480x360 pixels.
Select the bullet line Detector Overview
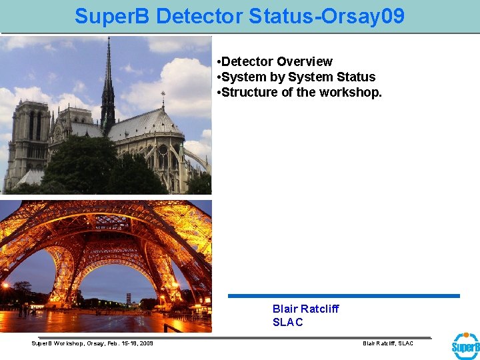(277, 61)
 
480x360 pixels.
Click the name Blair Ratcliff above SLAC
(305, 309)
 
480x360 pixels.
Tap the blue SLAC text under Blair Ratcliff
(287, 322)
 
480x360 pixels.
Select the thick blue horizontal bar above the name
(343, 296)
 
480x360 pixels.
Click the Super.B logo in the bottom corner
(465, 346)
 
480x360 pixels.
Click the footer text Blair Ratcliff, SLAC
(387, 343)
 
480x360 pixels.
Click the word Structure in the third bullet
(249, 92)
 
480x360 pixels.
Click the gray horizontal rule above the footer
(233, 337)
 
